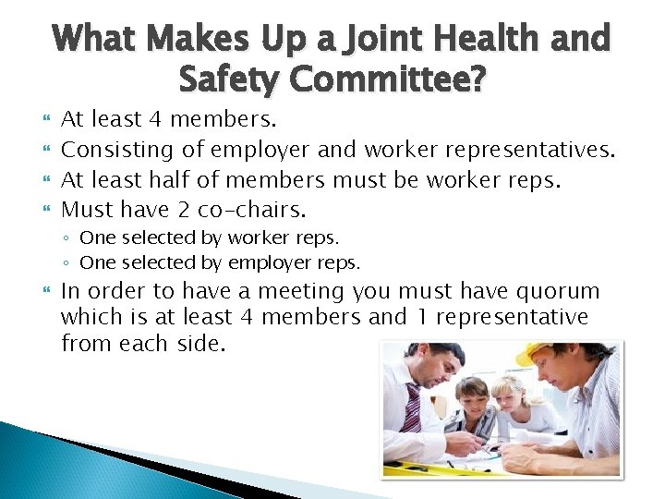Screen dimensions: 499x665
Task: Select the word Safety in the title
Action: [229, 81]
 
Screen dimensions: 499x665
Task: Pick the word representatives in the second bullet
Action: [526, 149]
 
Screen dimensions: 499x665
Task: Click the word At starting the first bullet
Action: [73, 119]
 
